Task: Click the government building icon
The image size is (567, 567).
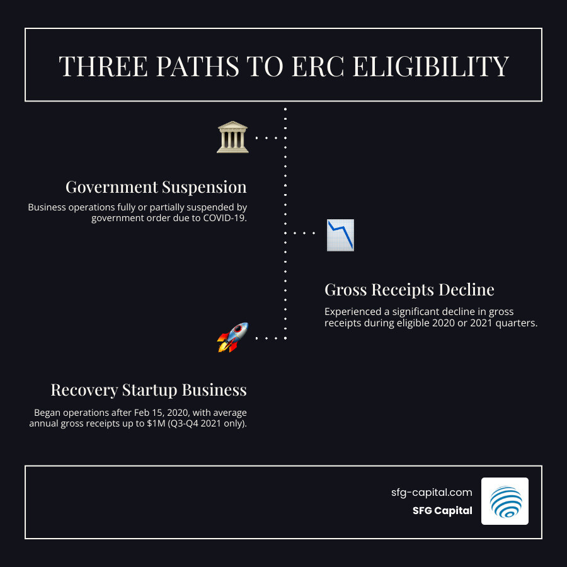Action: [232, 137]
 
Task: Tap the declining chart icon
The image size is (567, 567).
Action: [340, 235]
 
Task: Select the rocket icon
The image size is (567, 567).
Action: [232, 337]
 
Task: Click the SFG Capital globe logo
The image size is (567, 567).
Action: [505, 501]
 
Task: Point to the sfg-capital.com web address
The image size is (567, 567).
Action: [432, 493]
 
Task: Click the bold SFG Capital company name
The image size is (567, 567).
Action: [439, 511]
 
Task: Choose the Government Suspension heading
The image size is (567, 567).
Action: [156, 187]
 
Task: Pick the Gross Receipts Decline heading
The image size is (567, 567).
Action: [409, 290]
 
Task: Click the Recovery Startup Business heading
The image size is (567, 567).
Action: [149, 390]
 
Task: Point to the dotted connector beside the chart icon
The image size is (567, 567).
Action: [304, 232]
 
